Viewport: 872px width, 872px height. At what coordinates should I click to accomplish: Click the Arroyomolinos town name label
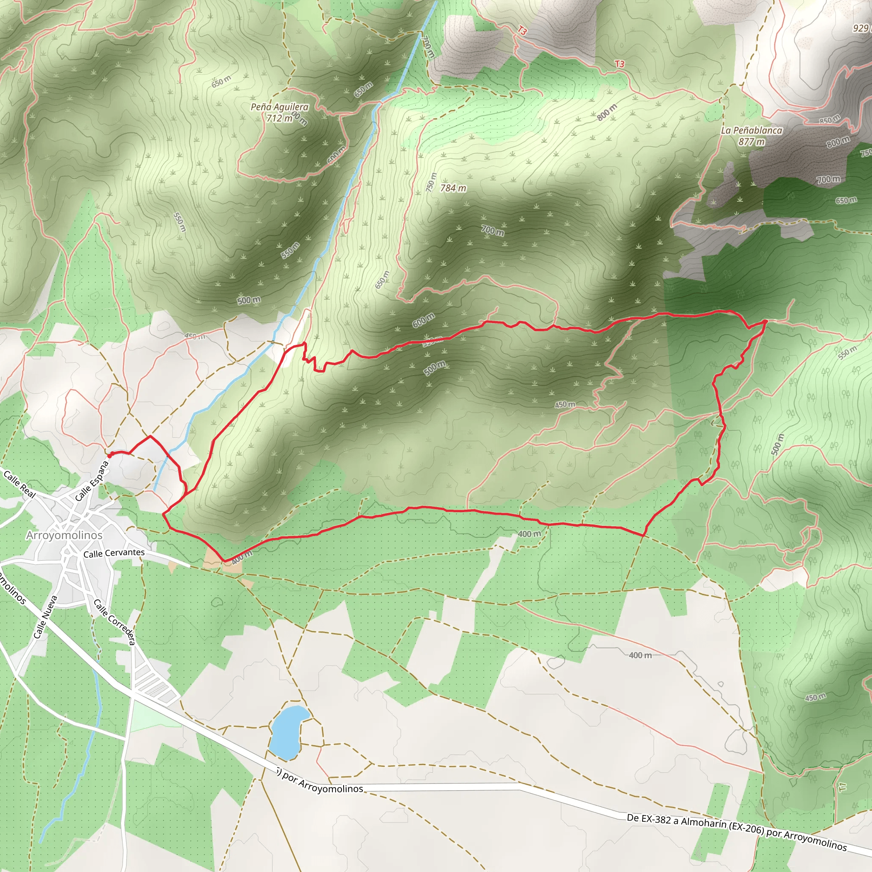point(64,535)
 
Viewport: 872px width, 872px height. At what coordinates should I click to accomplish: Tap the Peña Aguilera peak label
point(279,107)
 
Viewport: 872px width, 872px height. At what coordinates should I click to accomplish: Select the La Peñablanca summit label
point(752,130)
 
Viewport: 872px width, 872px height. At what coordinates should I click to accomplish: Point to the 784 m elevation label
point(453,188)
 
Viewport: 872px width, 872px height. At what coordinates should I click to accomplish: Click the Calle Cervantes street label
point(114,553)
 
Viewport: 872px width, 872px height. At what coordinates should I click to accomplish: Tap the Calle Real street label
point(20,484)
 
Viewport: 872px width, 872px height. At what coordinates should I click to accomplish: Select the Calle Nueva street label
point(46,617)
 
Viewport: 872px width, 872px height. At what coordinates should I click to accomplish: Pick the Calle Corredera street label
point(114,622)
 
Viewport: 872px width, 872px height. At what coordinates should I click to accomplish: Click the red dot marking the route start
point(110,456)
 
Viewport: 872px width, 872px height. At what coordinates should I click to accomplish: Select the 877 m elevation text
point(752,142)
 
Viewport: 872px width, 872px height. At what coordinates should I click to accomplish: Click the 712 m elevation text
point(279,118)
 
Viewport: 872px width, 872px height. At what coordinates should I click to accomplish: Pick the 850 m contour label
point(829,120)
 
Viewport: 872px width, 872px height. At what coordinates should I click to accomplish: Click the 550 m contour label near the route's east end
point(847,352)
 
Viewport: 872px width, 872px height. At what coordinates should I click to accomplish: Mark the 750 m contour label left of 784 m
point(431,182)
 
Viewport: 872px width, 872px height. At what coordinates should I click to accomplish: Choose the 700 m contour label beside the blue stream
point(428,46)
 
